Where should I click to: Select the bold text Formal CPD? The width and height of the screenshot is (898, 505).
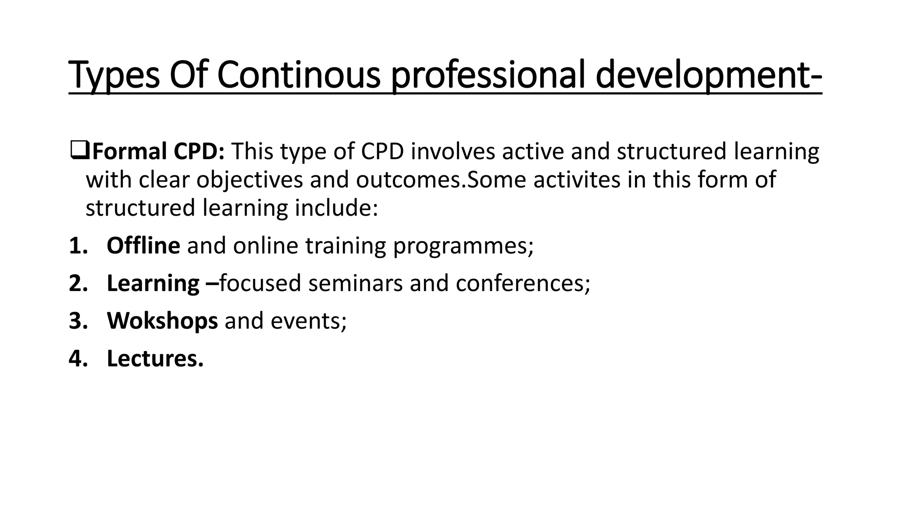coord(159,151)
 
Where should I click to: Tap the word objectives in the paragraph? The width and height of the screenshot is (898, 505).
coord(249,180)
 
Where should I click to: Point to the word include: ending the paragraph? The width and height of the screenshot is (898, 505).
coord(336,208)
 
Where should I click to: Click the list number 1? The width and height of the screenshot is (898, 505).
coord(78,245)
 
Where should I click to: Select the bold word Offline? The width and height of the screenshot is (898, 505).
coord(143,245)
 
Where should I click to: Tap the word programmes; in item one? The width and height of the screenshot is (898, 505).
coord(463,245)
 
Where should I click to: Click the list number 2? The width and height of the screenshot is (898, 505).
coord(78,283)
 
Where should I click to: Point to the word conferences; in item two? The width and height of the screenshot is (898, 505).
coord(523,283)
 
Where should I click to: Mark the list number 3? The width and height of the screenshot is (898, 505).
coord(78,321)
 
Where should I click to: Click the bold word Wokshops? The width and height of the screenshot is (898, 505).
coord(162,321)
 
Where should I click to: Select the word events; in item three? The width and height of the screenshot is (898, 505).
coord(308,321)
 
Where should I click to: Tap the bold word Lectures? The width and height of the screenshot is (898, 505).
coord(155,359)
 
